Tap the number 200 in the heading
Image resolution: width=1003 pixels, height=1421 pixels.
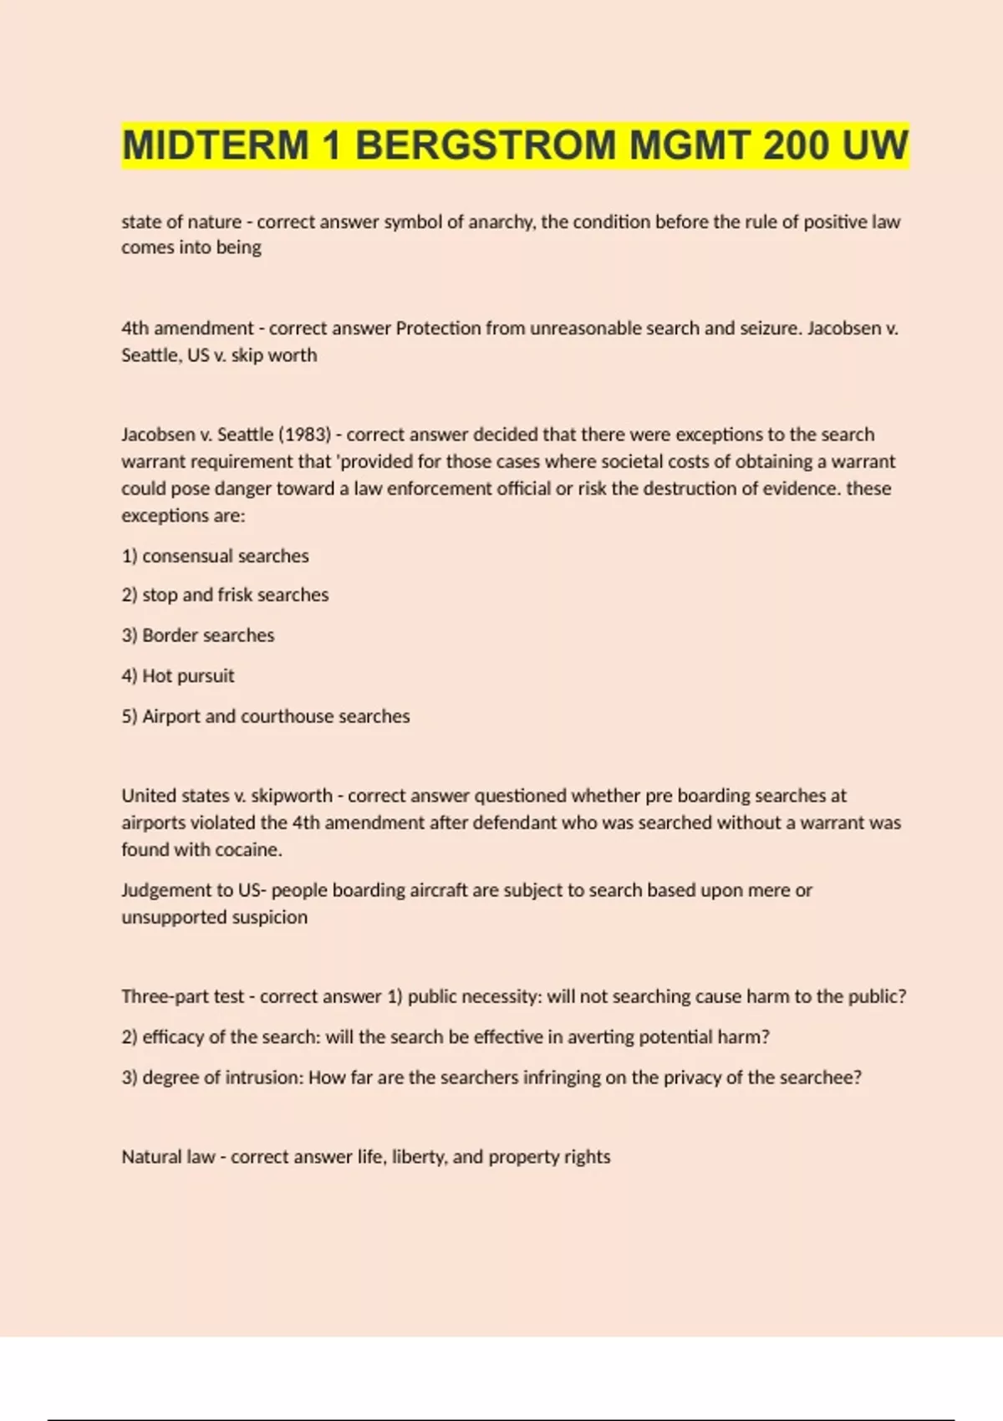pyautogui.click(x=795, y=146)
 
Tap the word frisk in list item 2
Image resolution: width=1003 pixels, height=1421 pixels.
pyautogui.click(x=235, y=595)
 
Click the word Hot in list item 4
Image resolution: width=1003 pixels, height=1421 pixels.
pyautogui.click(x=156, y=676)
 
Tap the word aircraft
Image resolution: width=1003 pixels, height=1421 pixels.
pyautogui.click(x=439, y=890)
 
